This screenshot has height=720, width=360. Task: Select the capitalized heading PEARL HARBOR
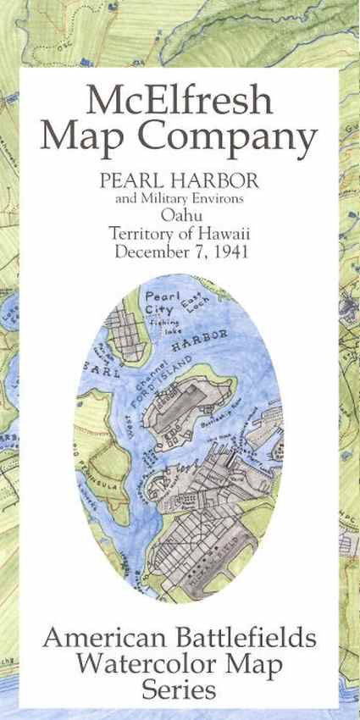pyautogui.click(x=180, y=183)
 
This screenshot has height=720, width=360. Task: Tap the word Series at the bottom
pyautogui.click(x=180, y=690)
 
